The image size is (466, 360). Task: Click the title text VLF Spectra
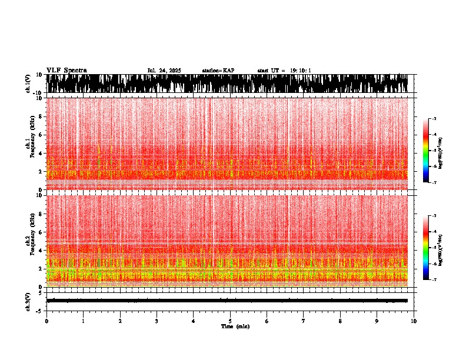(66, 71)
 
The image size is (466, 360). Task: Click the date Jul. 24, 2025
(164, 71)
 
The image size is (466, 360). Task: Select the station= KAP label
(218, 71)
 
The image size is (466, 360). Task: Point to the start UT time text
(284, 71)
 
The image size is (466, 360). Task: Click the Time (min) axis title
(235, 326)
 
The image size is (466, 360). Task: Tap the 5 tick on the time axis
(230, 321)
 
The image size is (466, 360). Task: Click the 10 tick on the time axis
(414, 321)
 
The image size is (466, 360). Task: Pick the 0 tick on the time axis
(46, 321)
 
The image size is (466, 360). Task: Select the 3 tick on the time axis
(157, 321)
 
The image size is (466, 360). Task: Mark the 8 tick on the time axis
(340, 321)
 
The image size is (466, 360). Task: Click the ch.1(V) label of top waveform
(28, 84)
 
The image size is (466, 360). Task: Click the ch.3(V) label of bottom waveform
(28, 300)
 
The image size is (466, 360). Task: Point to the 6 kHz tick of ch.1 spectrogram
(41, 135)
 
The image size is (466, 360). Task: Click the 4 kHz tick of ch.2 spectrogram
(41, 251)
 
